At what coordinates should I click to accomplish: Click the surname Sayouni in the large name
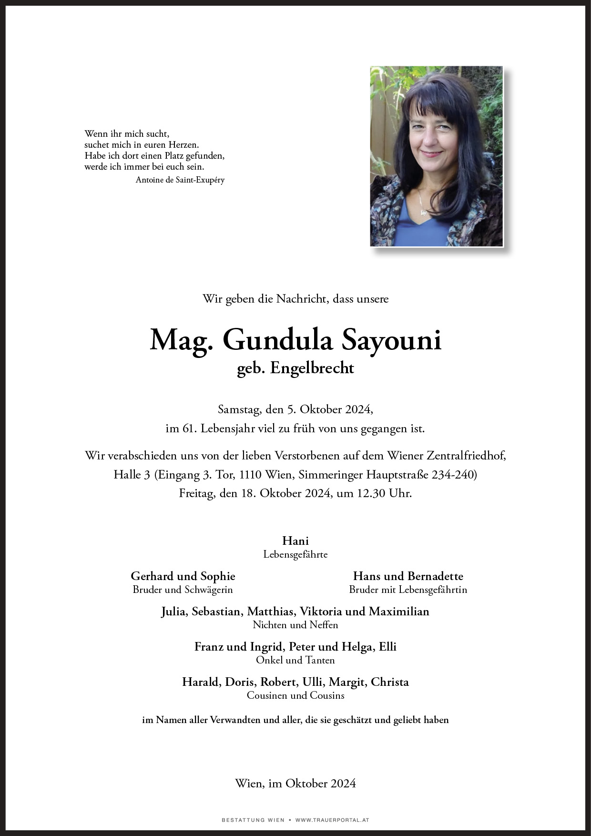tap(391, 340)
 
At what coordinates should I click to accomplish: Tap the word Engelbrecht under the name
tap(312, 368)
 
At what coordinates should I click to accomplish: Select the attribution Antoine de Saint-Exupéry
tap(180, 180)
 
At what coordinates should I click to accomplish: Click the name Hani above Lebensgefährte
tap(295, 540)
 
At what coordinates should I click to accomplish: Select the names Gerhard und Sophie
tap(183, 576)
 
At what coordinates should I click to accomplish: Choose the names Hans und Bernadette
tap(408, 576)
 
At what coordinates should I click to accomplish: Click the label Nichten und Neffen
tap(295, 625)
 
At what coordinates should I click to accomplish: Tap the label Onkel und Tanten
tap(295, 660)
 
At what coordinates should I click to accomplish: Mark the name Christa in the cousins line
tap(389, 682)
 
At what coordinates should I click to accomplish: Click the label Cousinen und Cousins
tap(295, 695)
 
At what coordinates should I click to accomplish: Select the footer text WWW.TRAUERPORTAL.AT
tap(332, 820)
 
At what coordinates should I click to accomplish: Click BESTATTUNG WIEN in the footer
tap(253, 820)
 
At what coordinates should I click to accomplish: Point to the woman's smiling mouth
tap(431, 154)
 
